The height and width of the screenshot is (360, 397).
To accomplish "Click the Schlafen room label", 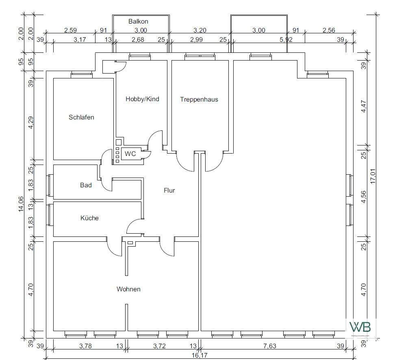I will [x=81, y=117].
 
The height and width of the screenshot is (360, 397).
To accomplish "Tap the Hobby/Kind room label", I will [x=142, y=99].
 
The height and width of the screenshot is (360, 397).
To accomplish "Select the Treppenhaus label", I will [x=199, y=99].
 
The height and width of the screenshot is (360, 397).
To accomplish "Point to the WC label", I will [x=130, y=154].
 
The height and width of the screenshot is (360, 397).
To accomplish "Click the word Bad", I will [x=86, y=185].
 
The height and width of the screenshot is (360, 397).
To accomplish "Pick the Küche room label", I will [x=89, y=218].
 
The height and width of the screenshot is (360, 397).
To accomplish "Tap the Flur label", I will [x=169, y=190].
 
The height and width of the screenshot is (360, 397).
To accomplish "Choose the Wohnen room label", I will [x=128, y=289].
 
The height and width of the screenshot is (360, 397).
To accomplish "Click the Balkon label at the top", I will [x=138, y=21].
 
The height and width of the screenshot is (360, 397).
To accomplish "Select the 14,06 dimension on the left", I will [x=21, y=204].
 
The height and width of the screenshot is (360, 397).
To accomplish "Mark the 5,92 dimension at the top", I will [x=286, y=39].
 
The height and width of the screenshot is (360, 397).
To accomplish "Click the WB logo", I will [x=360, y=327].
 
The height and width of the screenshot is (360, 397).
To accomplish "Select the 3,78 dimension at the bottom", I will [x=85, y=346].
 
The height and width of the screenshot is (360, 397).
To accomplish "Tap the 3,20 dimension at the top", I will [x=200, y=30].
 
